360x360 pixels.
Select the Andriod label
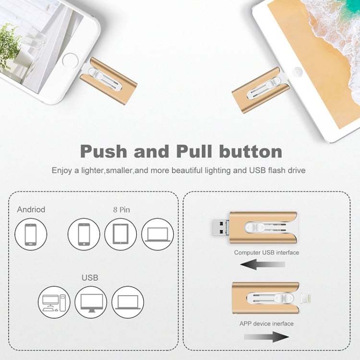tap(31, 209)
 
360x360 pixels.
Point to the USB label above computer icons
tap(90, 277)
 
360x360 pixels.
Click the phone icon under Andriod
tap(31, 234)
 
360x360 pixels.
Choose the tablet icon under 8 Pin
tap(120, 234)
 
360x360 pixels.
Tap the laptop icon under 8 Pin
tap(157, 234)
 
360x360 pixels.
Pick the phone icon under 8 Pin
tap(84, 234)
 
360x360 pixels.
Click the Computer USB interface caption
tap(266, 252)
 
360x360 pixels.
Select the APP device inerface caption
tap(266, 324)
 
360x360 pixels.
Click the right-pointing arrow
tap(267, 336)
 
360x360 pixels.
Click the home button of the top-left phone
tap(70, 60)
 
